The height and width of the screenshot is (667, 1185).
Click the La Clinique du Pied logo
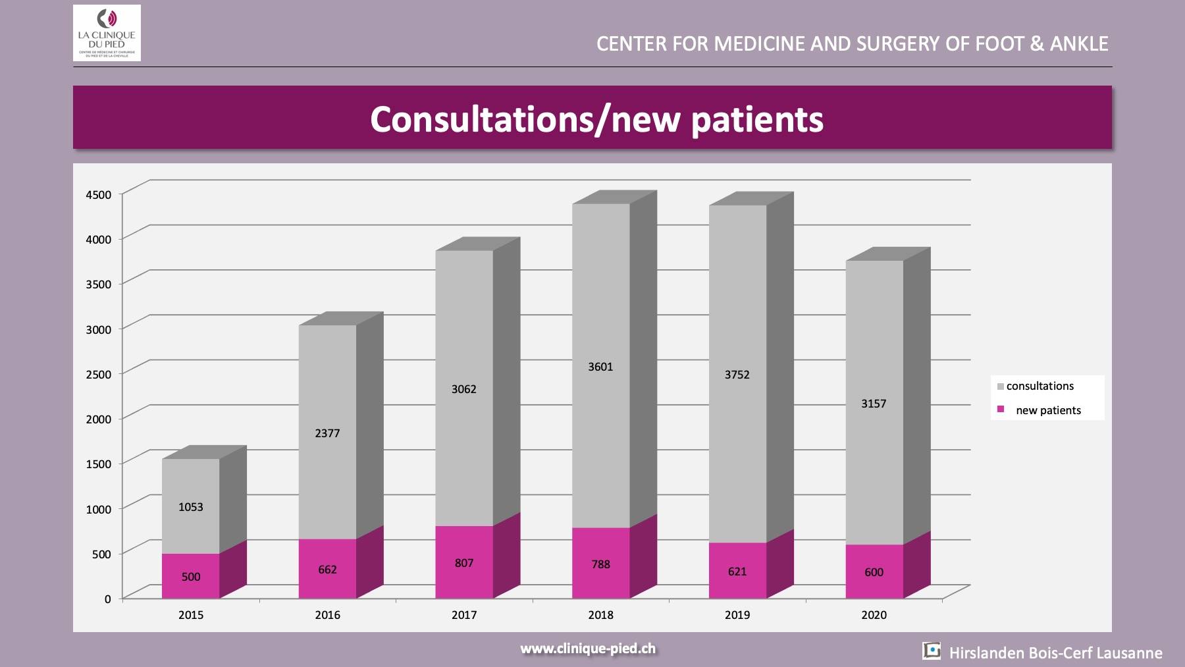pyautogui.click(x=107, y=33)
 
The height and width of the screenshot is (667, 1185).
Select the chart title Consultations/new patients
pyautogui.click(x=596, y=119)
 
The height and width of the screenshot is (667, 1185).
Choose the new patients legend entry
pyautogui.click(x=1047, y=410)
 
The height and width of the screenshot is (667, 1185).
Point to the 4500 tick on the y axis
pyautogui.click(x=99, y=194)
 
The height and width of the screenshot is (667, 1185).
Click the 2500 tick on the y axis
pyautogui.click(x=99, y=374)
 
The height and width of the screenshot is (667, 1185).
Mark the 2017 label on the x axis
pyautogui.click(x=464, y=615)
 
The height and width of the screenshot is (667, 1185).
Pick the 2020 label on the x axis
pyautogui.click(x=874, y=615)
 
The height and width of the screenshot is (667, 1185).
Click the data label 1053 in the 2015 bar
pyautogui.click(x=191, y=507)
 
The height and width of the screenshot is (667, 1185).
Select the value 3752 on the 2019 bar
pyautogui.click(x=737, y=375)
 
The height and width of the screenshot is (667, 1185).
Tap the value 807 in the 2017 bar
pyautogui.click(x=464, y=563)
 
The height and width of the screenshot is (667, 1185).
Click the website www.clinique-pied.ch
pyautogui.click(x=588, y=649)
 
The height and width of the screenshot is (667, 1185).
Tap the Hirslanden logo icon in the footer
pyautogui.click(x=932, y=651)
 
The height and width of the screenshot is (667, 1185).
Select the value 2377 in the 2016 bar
pyautogui.click(x=327, y=433)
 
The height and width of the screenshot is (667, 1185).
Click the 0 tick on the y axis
pyautogui.click(x=108, y=599)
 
